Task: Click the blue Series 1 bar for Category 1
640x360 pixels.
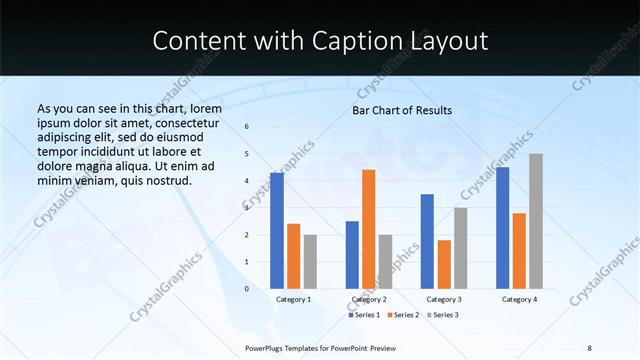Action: pos(276,231)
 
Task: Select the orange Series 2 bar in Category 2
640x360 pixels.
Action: pos(368,229)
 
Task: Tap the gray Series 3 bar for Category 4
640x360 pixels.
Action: pos(536,221)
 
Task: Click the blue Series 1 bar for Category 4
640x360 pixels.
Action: pos(502,228)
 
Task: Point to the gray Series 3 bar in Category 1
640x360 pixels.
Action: pos(310,262)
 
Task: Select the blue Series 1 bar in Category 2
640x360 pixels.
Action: pos(352,255)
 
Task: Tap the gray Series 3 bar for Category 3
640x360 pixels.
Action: pos(460,248)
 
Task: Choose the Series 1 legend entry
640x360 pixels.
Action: pos(364,315)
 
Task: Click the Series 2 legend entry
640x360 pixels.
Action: pos(403,315)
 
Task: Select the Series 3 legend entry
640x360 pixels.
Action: pos(442,315)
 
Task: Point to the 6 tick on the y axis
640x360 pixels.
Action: pos(247,127)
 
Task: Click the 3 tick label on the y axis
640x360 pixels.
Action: pos(247,208)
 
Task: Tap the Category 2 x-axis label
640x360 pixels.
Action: pos(369,299)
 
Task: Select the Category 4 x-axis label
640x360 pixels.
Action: pos(519,299)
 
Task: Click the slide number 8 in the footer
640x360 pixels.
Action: pos(589,348)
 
